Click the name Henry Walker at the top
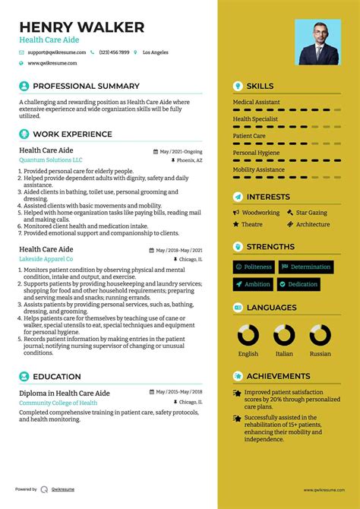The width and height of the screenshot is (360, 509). [x=82, y=28]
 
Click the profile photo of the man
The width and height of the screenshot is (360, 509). [x=318, y=43]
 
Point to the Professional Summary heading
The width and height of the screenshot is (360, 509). [x=86, y=87]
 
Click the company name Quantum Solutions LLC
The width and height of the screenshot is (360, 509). [x=51, y=160]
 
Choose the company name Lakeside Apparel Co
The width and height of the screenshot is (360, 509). [x=46, y=259]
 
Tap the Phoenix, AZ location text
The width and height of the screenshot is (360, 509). [x=189, y=161]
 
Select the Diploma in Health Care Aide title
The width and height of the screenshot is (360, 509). [x=65, y=393]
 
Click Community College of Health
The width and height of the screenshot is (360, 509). [x=58, y=403]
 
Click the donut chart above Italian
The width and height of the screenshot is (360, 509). [x=284, y=335]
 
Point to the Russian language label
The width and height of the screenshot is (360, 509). [x=320, y=354]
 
